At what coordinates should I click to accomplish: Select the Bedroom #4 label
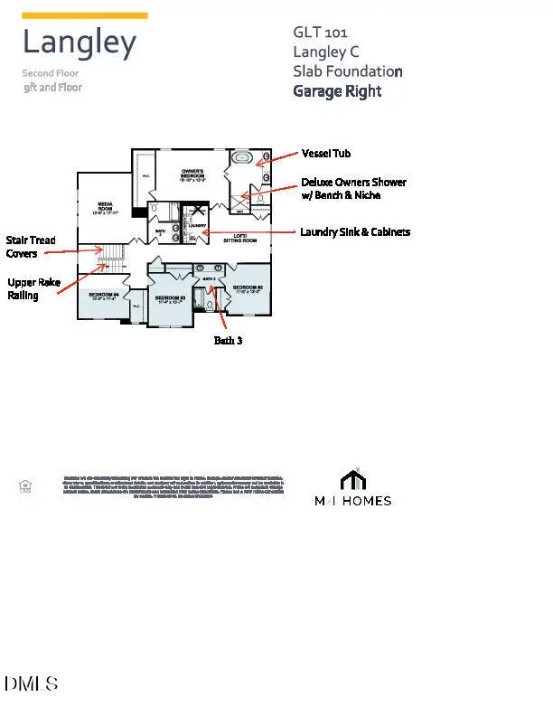[103, 297]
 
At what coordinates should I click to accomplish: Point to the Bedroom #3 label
[170, 300]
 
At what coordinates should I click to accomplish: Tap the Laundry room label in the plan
[198, 226]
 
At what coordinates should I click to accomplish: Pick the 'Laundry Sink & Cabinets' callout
[355, 232]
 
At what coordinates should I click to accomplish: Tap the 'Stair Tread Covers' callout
[31, 247]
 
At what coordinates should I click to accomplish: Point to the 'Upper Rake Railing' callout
[34, 288]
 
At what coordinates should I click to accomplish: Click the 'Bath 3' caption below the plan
[228, 341]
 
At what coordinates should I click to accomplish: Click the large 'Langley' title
[80, 42]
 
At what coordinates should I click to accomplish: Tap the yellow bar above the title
[85, 15]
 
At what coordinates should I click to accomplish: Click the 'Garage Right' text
[337, 91]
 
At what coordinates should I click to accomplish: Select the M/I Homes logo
[352, 488]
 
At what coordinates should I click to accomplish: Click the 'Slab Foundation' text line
[348, 71]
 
